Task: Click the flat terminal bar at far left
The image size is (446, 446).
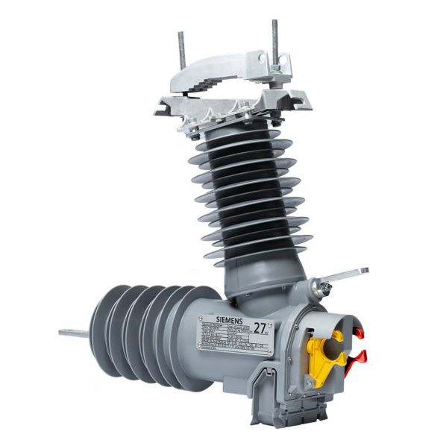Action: coord(73,333)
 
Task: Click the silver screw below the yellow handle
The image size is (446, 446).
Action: coord(309,383)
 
